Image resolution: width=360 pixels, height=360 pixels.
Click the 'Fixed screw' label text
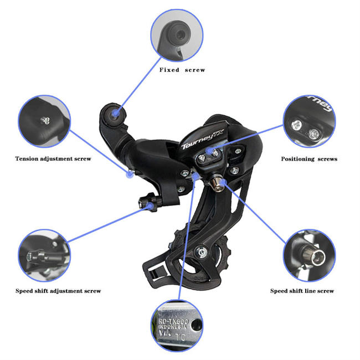coord(182,70)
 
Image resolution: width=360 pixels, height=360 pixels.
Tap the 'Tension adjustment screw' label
coord(53,158)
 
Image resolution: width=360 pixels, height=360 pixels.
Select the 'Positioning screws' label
coord(309,159)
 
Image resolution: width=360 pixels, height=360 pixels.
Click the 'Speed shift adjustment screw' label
coord(58,291)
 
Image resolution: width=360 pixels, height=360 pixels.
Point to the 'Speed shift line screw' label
coord(302,291)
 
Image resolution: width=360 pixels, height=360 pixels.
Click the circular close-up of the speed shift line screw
coord(309,255)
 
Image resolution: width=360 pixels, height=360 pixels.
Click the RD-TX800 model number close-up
coord(177,327)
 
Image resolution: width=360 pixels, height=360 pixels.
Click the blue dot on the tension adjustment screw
coord(129,173)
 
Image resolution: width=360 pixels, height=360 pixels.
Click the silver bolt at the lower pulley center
coord(204,253)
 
